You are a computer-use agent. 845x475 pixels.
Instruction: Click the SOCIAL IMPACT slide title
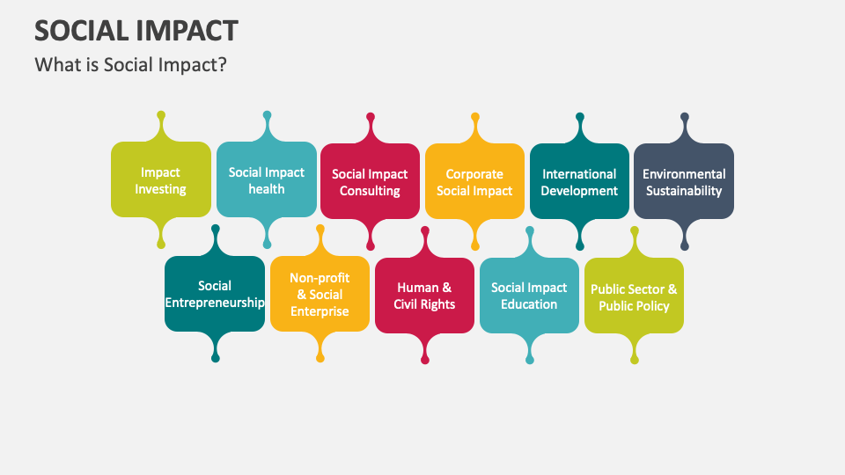point(136,30)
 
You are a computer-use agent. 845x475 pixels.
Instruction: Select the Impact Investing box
point(161,180)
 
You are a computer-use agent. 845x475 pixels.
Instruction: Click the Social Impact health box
point(266,180)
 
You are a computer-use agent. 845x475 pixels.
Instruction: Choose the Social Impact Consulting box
point(370,182)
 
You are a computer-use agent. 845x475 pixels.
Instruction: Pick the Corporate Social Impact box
point(474,182)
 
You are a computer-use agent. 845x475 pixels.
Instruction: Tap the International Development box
point(579,182)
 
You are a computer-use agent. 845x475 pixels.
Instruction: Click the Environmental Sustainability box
point(684,182)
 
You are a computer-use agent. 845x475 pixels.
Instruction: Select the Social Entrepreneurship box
point(215,294)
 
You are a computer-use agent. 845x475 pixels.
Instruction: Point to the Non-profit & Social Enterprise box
point(320,294)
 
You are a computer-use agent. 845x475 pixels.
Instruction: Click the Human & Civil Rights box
point(425,296)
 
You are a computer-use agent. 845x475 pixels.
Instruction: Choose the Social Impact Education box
point(529,296)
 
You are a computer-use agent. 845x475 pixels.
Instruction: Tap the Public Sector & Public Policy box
point(634,296)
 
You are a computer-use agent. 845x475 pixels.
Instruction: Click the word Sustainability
point(684,191)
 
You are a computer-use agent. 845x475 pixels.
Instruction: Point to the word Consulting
point(370,191)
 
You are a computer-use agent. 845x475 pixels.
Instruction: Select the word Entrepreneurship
point(215,303)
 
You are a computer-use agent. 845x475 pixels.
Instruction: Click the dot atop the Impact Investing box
point(161,115)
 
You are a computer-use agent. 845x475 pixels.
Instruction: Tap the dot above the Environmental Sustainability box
point(685,116)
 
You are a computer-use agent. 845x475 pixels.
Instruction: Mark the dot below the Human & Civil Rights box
point(425,360)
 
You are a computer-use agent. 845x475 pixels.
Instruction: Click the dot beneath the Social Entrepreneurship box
point(215,358)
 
